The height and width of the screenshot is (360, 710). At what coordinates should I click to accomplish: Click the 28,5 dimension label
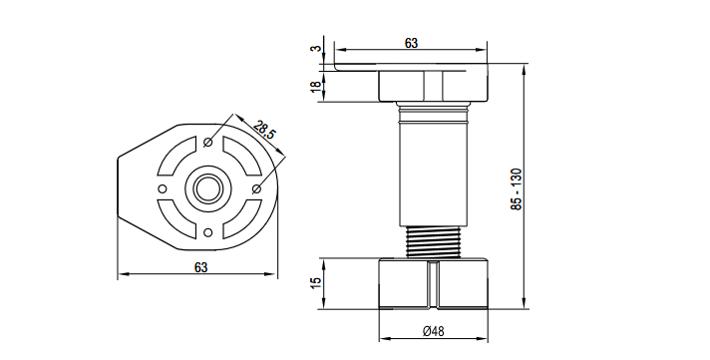click(x=264, y=130)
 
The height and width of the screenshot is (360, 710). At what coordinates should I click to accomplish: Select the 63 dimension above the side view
click(x=411, y=43)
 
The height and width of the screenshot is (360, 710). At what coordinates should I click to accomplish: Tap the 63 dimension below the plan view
click(x=200, y=267)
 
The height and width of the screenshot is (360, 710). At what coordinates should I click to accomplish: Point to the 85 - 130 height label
click(x=517, y=188)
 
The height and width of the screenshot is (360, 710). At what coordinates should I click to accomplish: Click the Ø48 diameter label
click(x=434, y=331)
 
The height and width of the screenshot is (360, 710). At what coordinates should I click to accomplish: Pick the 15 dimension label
click(x=315, y=283)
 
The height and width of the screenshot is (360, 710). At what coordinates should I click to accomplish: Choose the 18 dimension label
click(x=315, y=86)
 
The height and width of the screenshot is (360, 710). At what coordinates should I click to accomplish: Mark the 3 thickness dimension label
click(x=315, y=49)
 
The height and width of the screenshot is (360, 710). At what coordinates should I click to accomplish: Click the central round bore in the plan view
click(x=208, y=187)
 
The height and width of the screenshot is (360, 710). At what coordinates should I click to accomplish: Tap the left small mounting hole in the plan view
click(x=163, y=188)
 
